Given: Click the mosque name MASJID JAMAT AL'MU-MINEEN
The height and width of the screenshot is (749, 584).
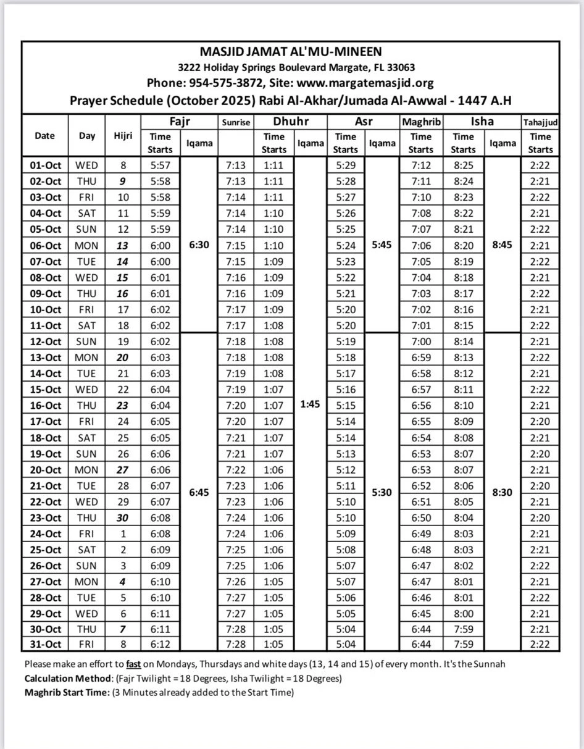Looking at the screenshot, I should [x=291, y=52].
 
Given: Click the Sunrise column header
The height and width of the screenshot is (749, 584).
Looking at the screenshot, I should [x=235, y=122].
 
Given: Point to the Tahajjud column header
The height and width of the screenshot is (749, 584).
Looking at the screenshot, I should [x=540, y=122].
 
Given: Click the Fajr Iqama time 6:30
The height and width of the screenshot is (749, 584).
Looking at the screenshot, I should [x=199, y=245].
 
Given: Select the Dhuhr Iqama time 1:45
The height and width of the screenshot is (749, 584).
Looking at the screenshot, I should [x=310, y=406].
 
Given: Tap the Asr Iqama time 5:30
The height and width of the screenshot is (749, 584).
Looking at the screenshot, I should [x=382, y=493].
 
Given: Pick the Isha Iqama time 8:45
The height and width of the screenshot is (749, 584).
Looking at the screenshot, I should [x=503, y=245].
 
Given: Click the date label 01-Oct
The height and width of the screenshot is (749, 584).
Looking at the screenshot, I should [x=46, y=165].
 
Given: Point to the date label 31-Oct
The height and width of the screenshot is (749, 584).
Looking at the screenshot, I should [x=46, y=645].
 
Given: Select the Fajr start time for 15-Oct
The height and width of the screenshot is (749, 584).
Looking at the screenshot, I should [x=161, y=390].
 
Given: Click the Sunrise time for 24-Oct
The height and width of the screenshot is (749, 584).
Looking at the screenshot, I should [x=235, y=534].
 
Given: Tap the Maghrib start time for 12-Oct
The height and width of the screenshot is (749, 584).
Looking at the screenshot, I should [x=420, y=341].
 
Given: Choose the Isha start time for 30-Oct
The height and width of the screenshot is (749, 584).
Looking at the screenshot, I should [x=463, y=629].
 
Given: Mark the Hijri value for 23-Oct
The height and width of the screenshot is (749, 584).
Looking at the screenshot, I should [x=123, y=518].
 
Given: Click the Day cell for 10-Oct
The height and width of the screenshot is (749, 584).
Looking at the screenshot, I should [x=86, y=309].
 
